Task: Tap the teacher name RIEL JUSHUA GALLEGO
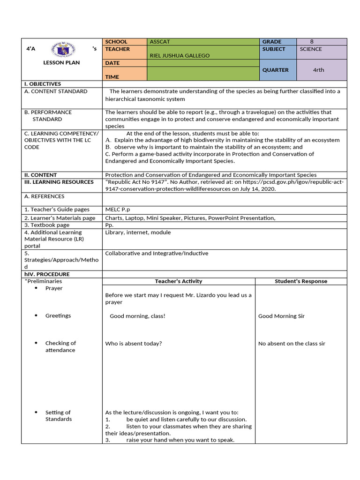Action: click(x=180, y=56)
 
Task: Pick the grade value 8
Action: click(x=312, y=42)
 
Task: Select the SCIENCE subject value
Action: click(x=311, y=49)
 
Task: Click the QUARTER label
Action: click(x=275, y=70)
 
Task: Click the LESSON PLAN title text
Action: click(x=61, y=62)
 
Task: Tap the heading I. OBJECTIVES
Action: click(x=43, y=84)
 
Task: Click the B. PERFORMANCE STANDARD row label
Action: click(x=48, y=116)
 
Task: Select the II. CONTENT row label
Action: click(x=41, y=175)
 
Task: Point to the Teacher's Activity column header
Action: click(x=179, y=281)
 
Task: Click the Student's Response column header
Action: click(x=301, y=281)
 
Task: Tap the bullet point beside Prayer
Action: click(x=37, y=288)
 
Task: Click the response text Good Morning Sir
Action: click(x=281, y=316)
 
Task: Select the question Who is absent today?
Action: click(x=134, y=344)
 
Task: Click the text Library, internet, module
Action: click(x=138, y=232)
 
